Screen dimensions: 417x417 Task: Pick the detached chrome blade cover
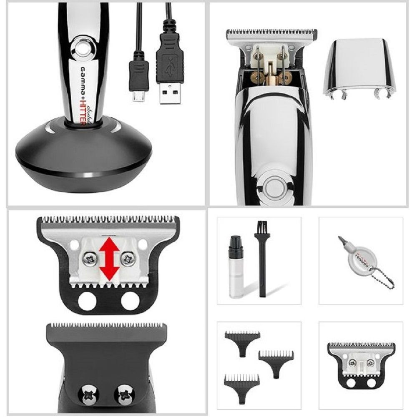point(359,69)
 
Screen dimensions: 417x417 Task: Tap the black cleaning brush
point(262,259)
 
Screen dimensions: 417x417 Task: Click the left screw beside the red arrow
point(89,259)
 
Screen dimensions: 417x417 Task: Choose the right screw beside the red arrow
point(128,259)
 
